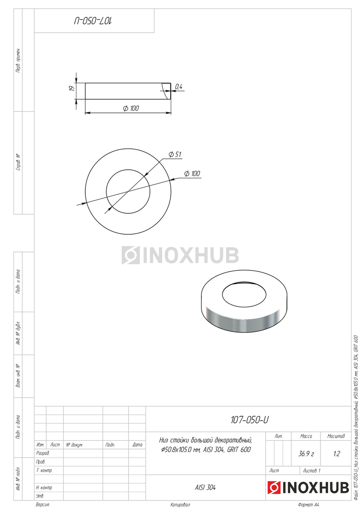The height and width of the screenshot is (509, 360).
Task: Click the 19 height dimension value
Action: pos(72,88)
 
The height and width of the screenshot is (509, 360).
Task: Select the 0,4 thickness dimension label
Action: pos(179,87)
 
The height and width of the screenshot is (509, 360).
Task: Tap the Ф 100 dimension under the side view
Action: pos(131,108)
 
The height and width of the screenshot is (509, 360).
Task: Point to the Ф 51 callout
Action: pos(175,154)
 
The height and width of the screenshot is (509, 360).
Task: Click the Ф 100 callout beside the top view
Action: pos(192,173)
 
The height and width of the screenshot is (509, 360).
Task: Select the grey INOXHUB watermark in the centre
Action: pos(180,255)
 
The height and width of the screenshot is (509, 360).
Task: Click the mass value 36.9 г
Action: pos(306,454)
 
